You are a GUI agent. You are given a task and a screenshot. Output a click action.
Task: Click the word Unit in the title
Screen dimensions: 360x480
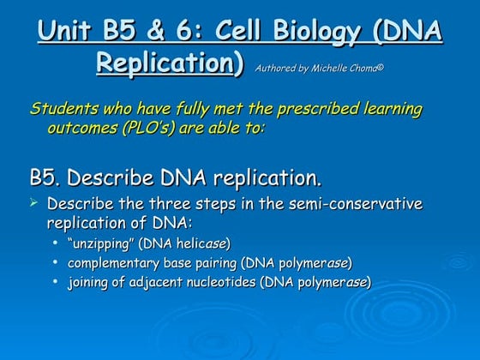66,33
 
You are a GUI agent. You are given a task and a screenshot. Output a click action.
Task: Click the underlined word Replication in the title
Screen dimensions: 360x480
170,63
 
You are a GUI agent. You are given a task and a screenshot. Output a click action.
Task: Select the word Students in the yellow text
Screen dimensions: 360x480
62,109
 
